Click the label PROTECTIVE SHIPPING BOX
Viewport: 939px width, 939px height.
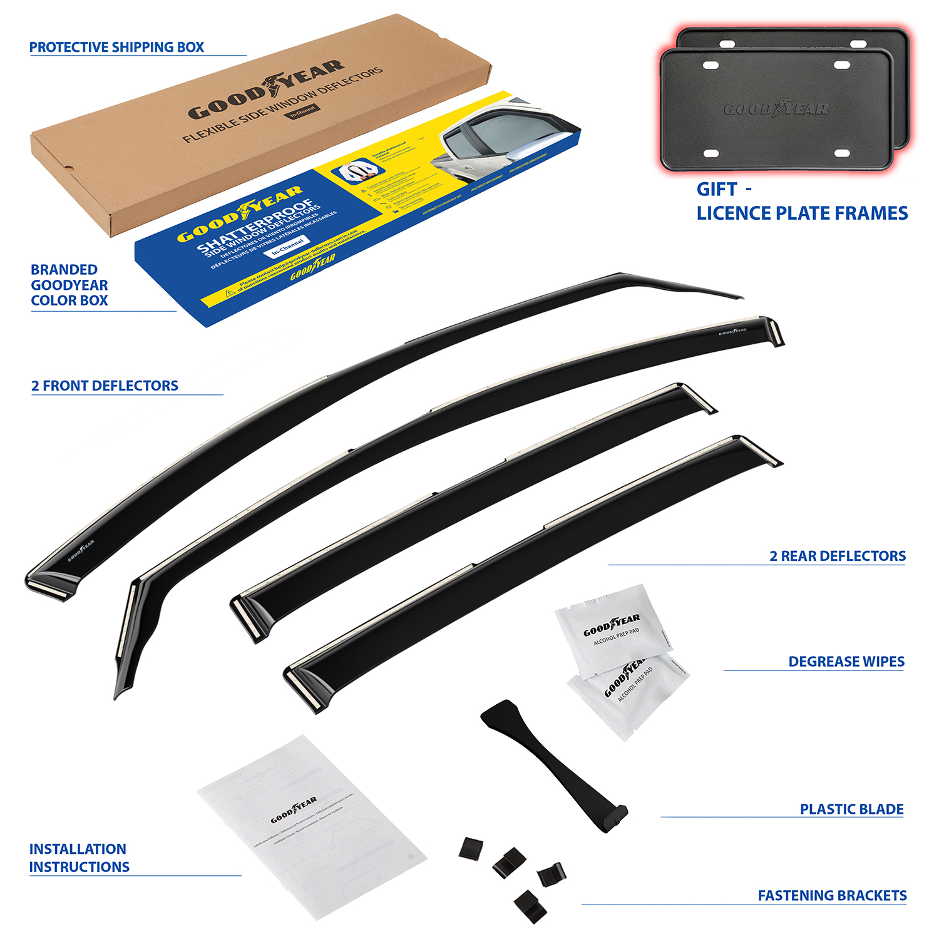[x=116, y=48]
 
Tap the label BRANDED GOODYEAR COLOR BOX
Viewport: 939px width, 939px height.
[x=69, y=285]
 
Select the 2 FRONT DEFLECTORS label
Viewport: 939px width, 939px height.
[x=105, y=386]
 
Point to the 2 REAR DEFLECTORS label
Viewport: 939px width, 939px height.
[x=837, y=556]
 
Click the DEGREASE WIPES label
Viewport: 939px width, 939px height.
[x=846, y=662]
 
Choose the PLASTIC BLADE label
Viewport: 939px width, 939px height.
[x=851, y=809]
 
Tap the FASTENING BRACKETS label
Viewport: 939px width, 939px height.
[x=832, y=896]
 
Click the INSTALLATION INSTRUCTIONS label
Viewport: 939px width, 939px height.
[x=79, y=858]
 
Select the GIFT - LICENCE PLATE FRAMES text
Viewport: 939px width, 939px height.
[x=801, y=202]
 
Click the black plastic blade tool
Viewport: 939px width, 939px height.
[x=551, y=761]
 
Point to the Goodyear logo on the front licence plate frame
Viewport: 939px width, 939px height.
[x=776, y=110]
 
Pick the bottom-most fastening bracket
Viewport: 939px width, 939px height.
[x=530, y=905]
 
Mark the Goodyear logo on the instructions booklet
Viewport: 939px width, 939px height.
[x=294, y=811]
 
